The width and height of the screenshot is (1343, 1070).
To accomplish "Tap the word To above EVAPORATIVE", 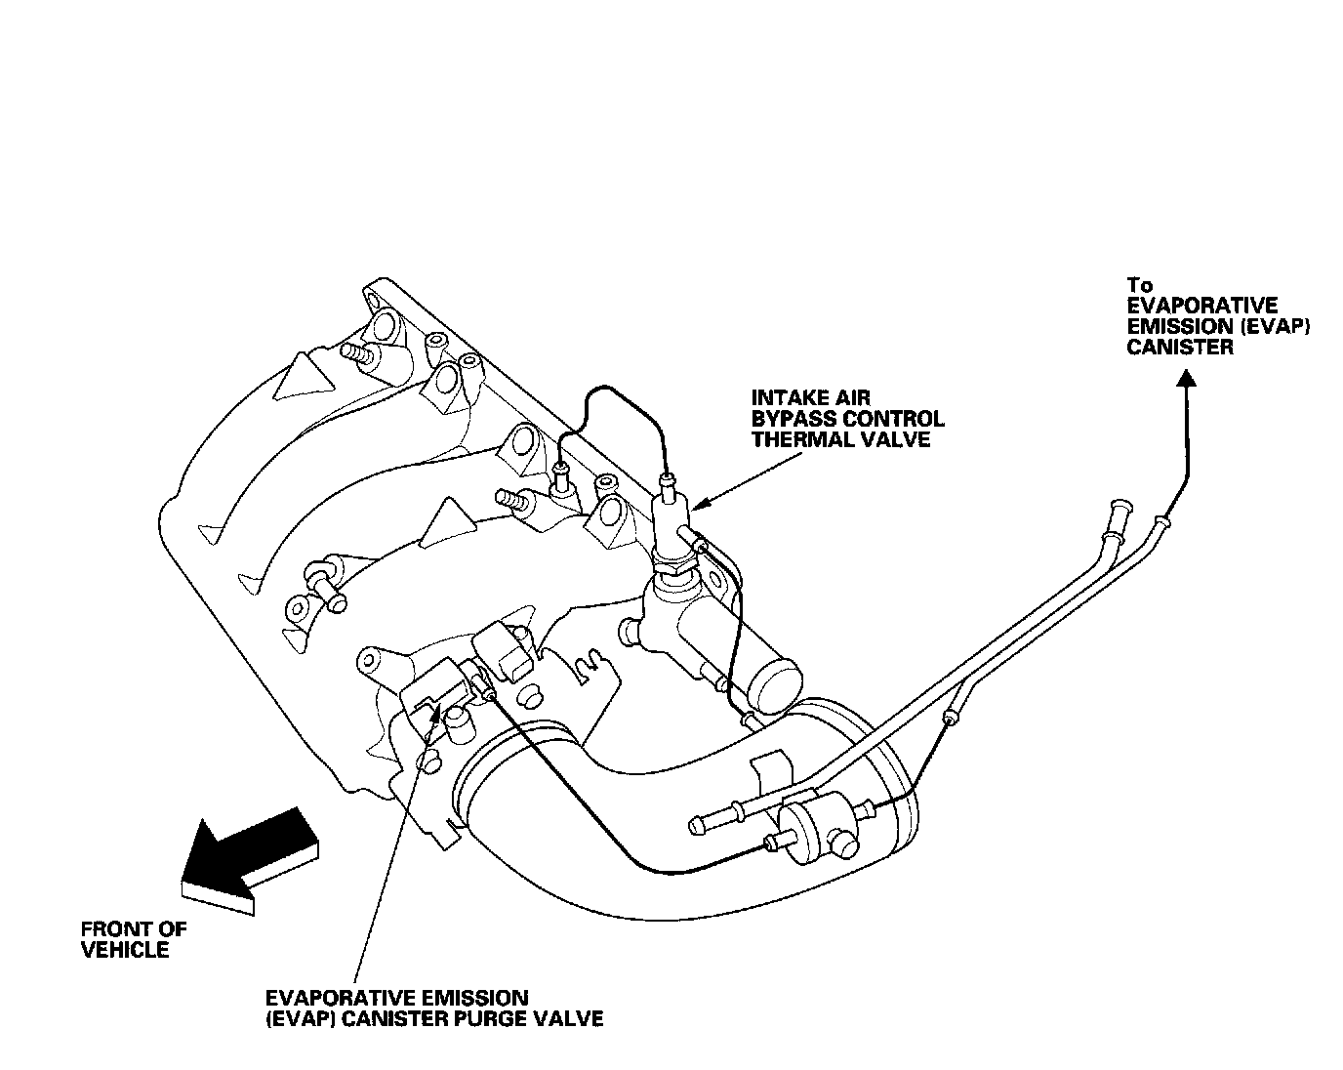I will pos(1140,285).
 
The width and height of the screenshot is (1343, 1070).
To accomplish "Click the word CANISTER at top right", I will pos(1180,348).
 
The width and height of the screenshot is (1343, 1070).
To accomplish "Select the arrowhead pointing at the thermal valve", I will pos(701,506).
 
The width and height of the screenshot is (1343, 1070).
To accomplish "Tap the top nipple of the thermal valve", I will pos(668,481).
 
